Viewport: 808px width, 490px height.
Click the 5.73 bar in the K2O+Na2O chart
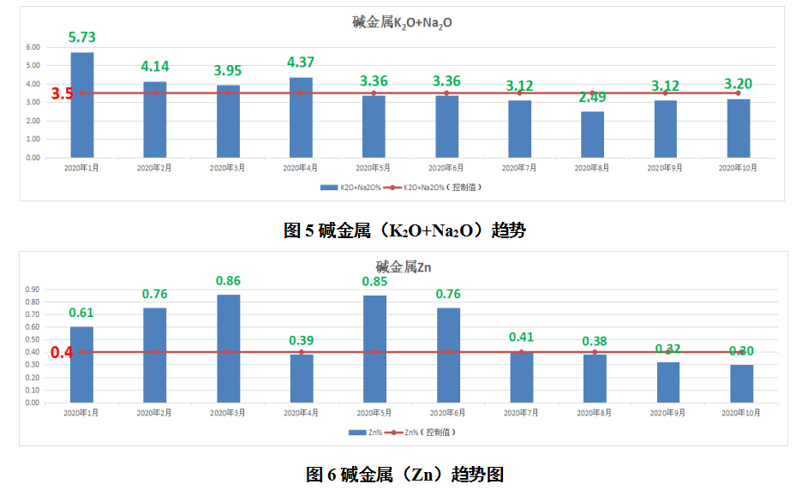(x=82, y=105)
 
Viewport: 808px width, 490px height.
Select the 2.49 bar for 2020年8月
(x=592, y=134)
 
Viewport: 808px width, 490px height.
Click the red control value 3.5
(x=62, y=93)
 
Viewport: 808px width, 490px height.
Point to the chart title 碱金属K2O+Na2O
(x=402, y=22)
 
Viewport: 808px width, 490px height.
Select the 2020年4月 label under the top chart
(x=301, y=168)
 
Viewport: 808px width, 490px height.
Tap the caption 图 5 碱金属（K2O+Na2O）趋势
(x=404, y=230)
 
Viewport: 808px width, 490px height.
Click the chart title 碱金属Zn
(x=403, y=267)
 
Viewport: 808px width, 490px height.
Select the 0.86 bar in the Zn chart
(x=228, y=348)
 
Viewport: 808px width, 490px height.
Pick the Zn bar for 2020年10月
(x=741, y=383)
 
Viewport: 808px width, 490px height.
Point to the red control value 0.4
(x=62, y=352)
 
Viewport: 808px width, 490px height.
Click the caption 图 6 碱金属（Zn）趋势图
(x=404, y=474)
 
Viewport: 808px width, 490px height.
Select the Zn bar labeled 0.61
(x=82, y=364)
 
